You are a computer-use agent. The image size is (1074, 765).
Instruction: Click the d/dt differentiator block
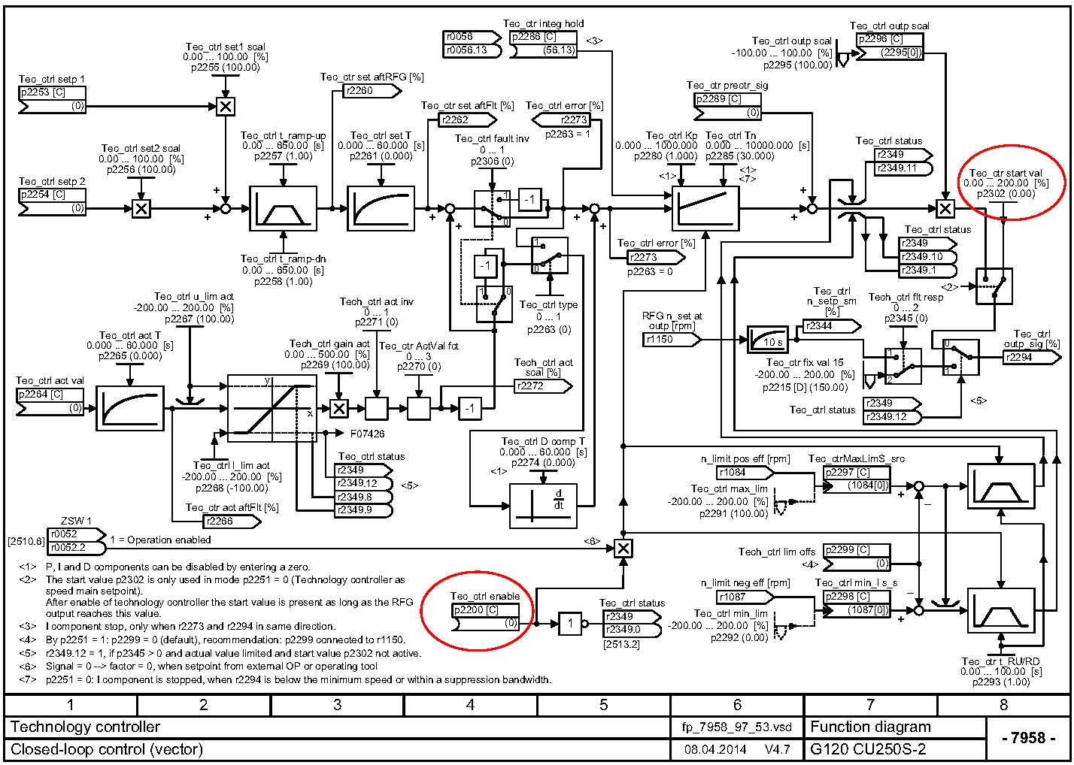pyautogui.click(x=551, y=505)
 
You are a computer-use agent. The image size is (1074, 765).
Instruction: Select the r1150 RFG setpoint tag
pyautogui.click(x=670, y=340)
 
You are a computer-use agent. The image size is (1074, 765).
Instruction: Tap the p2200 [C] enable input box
pyautogui.click(x=485, y=610)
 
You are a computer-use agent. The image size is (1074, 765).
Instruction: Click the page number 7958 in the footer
pyautogui.click(x=1029, y=738)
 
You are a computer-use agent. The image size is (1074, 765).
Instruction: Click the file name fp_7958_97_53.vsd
pyautogui.click(x=736, y=727)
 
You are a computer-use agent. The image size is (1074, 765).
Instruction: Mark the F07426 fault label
pyautogui.click(x=367, y=433)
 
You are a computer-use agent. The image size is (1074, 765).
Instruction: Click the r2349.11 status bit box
pyautogui.click(x=901, y=168)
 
